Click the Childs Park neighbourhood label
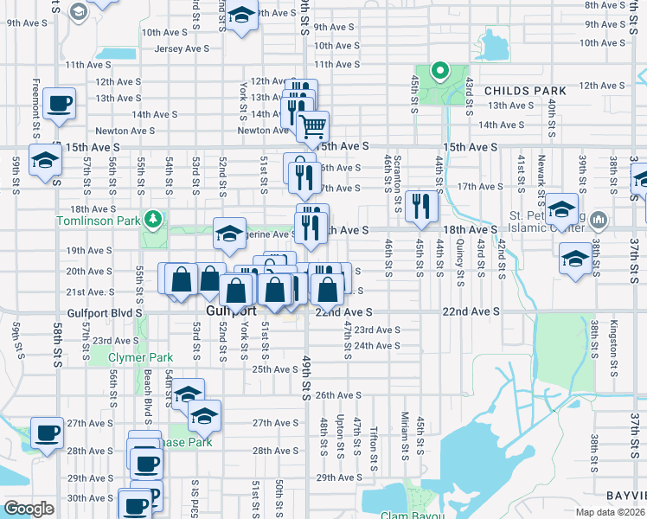coord(524,91)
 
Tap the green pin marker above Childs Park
coord(439,71)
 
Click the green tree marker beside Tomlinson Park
coord(154,218)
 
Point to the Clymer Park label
coord(140,358)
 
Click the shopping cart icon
coord(312,126)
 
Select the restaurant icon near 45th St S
coord(421,204)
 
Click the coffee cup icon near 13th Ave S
coord(60,104)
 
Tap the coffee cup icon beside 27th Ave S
coord(47,432)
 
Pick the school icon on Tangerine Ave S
coord(229,233)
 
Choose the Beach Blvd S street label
coord(148,390)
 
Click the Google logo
coord(29,509)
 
